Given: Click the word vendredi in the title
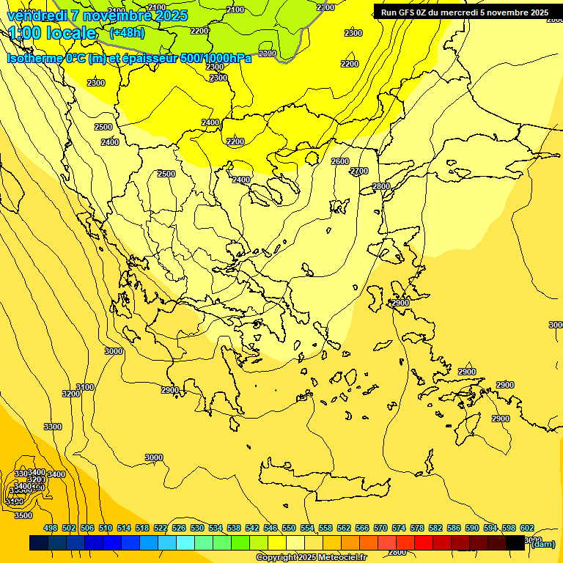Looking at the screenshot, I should (x=37, y=16).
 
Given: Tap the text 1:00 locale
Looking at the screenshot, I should (x=53, y=34).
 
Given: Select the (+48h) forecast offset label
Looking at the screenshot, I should (x=127, y=33).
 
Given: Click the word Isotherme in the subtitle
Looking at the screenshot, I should (x=34, y=59).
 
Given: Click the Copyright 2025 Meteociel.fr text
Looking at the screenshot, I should (x=311, y=558).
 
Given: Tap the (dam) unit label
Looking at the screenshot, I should (x=542, y=543).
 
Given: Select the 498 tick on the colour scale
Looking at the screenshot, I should (x=51, y=528).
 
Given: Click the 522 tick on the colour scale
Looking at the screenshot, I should (x=161, y=528).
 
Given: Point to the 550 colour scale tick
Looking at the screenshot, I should (x=289, y=528).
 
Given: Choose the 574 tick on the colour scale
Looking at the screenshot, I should (x=399, y=528).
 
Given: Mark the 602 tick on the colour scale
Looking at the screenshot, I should (x=527, y=528).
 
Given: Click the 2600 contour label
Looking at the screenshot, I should (x=340, y=161).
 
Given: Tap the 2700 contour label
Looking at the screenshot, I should (x=359, y=171).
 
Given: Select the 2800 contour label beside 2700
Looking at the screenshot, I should (x=381, y=186).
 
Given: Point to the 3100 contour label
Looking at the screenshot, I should (x=85, y=387).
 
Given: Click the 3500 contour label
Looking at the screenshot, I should (x=23, y=515).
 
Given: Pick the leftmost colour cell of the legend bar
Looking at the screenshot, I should (x=39, y=543).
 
